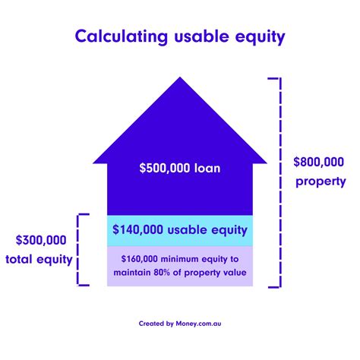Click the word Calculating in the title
coord(118,36)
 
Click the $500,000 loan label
coord(180,168)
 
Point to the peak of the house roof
coord(180,78)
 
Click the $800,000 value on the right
coord(319,162)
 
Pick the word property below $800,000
coord(321,181)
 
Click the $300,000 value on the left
coord(41,240)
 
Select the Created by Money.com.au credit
coord(180,322)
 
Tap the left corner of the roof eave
coord(93,162)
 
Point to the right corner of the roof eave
coord(267,162)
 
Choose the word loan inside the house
coord(207,168)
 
